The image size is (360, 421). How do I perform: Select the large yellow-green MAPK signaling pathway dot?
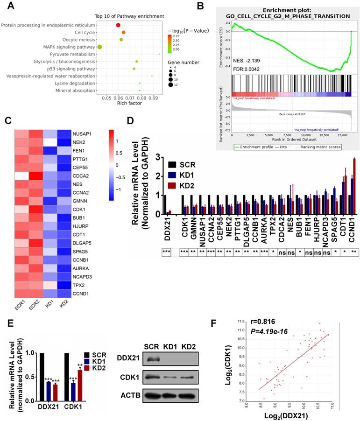(x=99, y=47)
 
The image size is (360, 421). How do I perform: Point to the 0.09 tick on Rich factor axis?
(x=152, y=98)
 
